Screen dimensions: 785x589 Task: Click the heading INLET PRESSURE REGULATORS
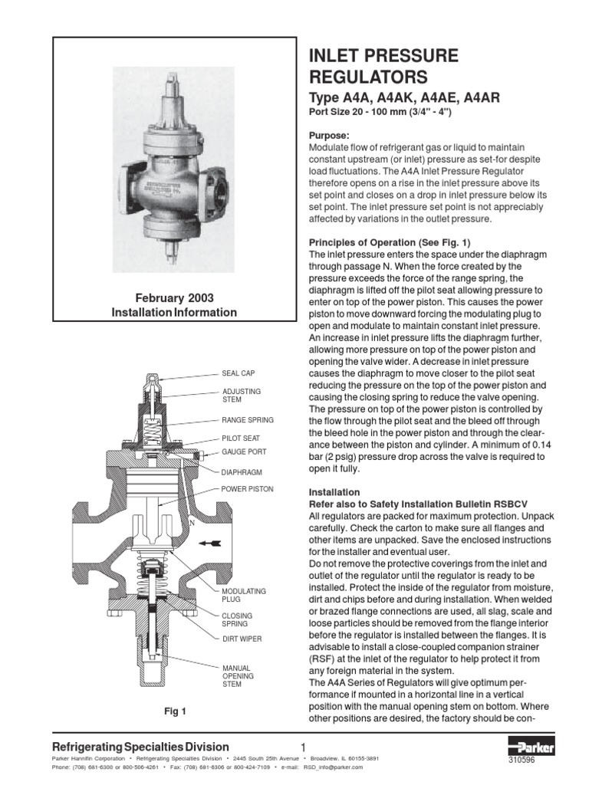click(383, 67)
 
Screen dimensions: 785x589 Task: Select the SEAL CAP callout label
click(239, 373)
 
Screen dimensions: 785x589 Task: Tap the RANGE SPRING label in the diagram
click(247, 421)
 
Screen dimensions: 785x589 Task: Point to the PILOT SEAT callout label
click(242, 438)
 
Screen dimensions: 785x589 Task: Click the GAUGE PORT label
click(244, 452)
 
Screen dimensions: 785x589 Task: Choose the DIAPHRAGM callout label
click(242, 472)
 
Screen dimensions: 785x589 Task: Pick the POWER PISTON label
click(247, 488)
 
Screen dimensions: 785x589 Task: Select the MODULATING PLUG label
click(244, 596)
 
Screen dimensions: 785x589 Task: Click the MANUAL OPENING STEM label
click(237, 677)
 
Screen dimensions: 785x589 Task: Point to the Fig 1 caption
click(175, 711)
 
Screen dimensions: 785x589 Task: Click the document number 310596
click(522, 760)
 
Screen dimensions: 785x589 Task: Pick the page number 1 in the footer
click(304, 748)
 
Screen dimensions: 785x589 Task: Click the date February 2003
click(175, 298)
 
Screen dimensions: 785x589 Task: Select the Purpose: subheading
click(329, 135)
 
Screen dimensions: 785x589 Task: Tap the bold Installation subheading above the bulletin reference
click(334, 492)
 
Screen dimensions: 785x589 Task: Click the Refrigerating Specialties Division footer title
click(140, 747)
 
